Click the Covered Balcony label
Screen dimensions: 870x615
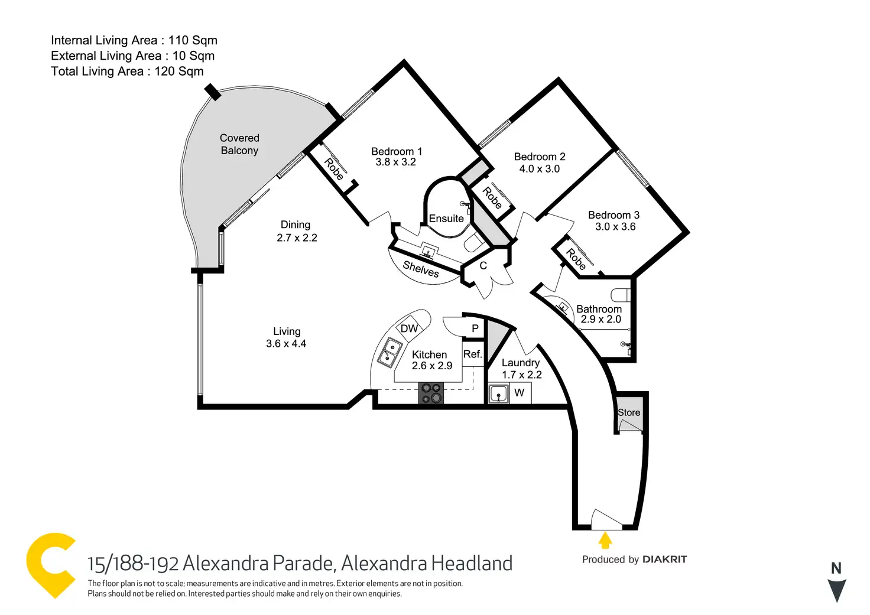tap(239, 144)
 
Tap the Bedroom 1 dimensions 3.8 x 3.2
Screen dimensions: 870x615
tap(395, 162)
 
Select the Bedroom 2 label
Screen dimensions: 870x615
tap(539, 157)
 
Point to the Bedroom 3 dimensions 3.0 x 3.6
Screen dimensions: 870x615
tap(615, 227)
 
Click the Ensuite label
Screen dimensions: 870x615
tap(446, 219)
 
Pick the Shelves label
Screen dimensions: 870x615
tap(421, 269)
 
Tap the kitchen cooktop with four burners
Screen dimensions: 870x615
tap(431, 393)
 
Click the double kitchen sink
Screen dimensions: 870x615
tap(389, 352)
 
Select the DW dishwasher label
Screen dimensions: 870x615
tap(409, 329)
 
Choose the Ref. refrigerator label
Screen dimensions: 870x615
tap(473, 354)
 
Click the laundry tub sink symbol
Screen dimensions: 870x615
tap(499, 393)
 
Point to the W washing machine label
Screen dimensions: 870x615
tap(520, 393)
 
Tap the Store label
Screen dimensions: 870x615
tap(629, 412)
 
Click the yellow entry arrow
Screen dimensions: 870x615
tap(605, 540)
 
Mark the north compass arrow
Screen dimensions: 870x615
tap(836, 590)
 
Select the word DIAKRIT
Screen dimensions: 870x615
tap(664, 559)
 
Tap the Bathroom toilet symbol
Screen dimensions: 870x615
tap(621, 294)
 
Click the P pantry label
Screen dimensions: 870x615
tap(475, 328)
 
